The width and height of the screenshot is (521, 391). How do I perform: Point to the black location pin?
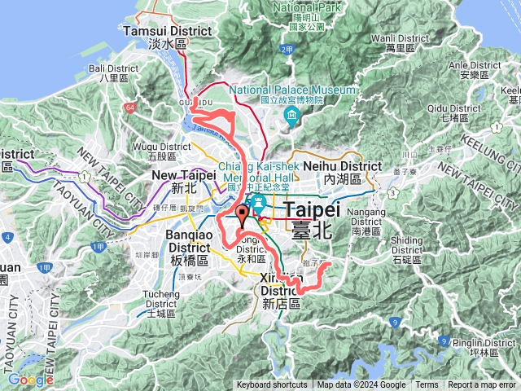(242, 216)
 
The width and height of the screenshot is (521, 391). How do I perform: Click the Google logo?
(30, 380)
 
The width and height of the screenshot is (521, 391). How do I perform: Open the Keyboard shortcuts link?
(272, 385)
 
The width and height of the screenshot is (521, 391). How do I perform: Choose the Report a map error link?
(482, 385)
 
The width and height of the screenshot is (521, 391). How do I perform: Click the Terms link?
(427, 385)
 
